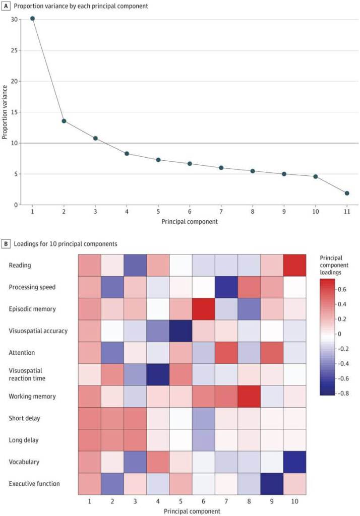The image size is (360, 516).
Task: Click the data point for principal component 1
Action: (x=32, y=19)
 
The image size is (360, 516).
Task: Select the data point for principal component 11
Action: (x=347, y=193)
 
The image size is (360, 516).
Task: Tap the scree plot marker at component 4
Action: (x=127, y=153)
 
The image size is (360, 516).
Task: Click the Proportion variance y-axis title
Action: (x=5, y=112)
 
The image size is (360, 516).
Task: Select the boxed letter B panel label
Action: (x=6, y=243)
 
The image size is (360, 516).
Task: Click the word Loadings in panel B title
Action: (x=27, y=243)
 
